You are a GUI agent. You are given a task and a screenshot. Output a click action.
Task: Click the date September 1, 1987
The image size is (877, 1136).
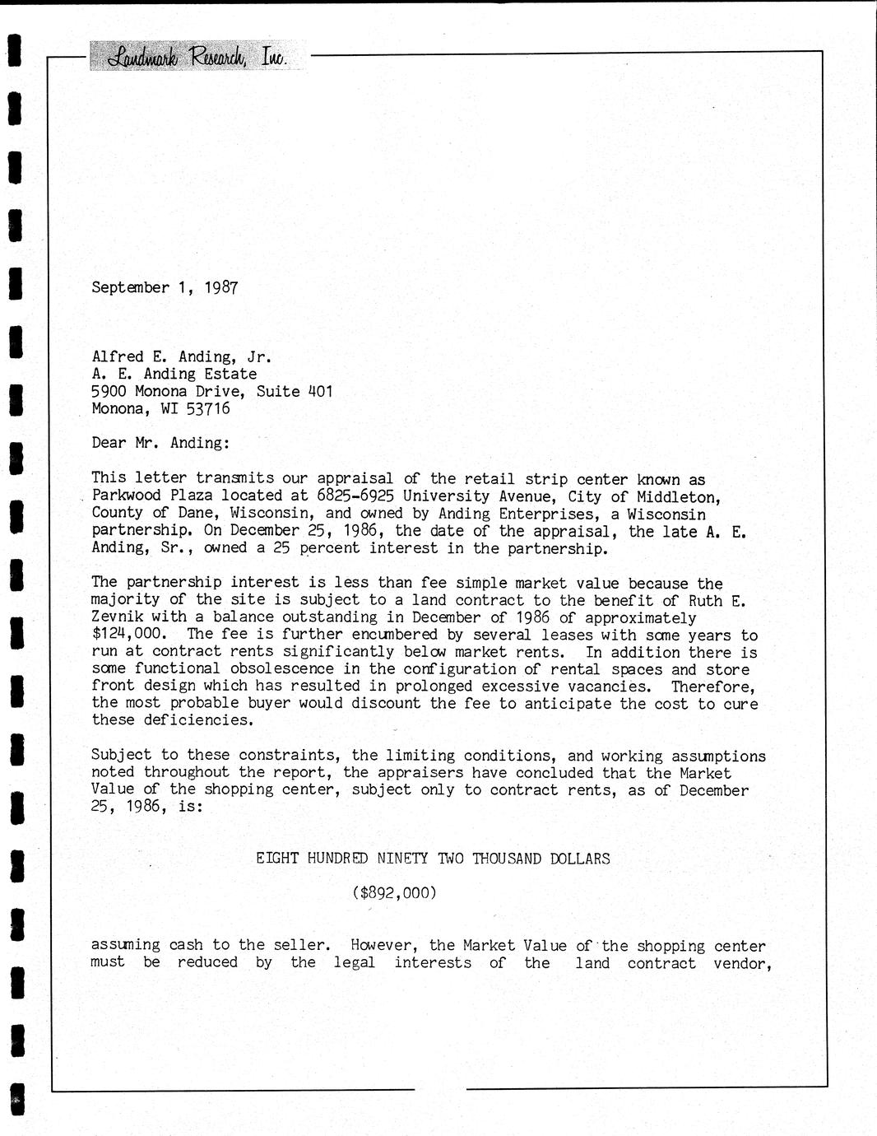click(165, 287)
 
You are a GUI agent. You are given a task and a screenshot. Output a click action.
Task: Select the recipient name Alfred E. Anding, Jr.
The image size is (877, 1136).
click(181, 356)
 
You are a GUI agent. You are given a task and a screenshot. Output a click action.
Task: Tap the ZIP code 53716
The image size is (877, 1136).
click(208, 408)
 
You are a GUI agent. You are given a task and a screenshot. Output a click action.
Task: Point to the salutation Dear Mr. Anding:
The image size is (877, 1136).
click(160, 443)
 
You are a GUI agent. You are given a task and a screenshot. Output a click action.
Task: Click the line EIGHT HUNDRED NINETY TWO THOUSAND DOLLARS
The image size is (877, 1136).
click(433, 859)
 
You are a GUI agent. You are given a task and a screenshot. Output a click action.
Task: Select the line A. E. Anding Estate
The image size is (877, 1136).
click(174, 374)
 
